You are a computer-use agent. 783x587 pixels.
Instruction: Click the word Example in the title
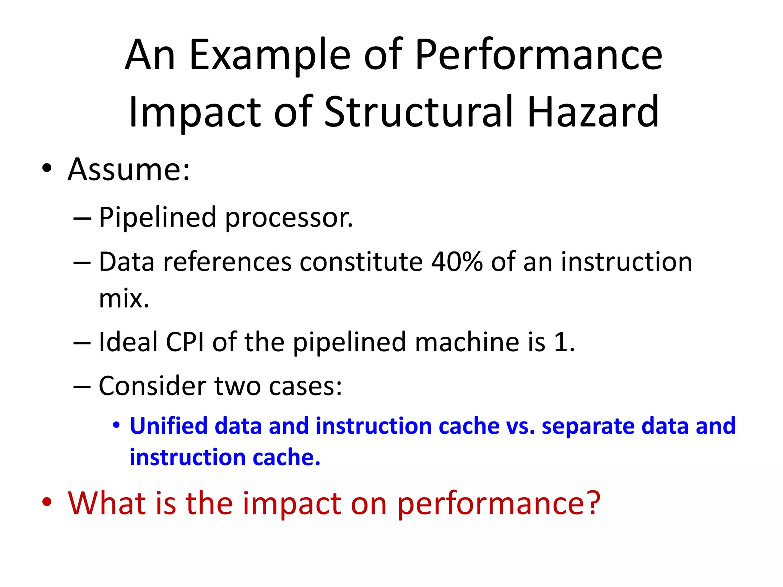[270, 55]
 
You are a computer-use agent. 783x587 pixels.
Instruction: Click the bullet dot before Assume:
[47, 169]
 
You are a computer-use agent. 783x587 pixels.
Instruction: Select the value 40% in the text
[457, 262]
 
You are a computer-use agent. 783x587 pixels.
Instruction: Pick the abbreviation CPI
[185, 342]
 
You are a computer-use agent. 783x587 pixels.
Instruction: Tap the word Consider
[153, 386]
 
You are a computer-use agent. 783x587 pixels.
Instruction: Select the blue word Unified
[168, 426]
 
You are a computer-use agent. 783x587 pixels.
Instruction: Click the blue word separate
[588, 426]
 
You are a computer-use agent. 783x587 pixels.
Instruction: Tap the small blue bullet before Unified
[116, 425]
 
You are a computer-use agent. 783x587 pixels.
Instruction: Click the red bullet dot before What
[47, 502]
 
